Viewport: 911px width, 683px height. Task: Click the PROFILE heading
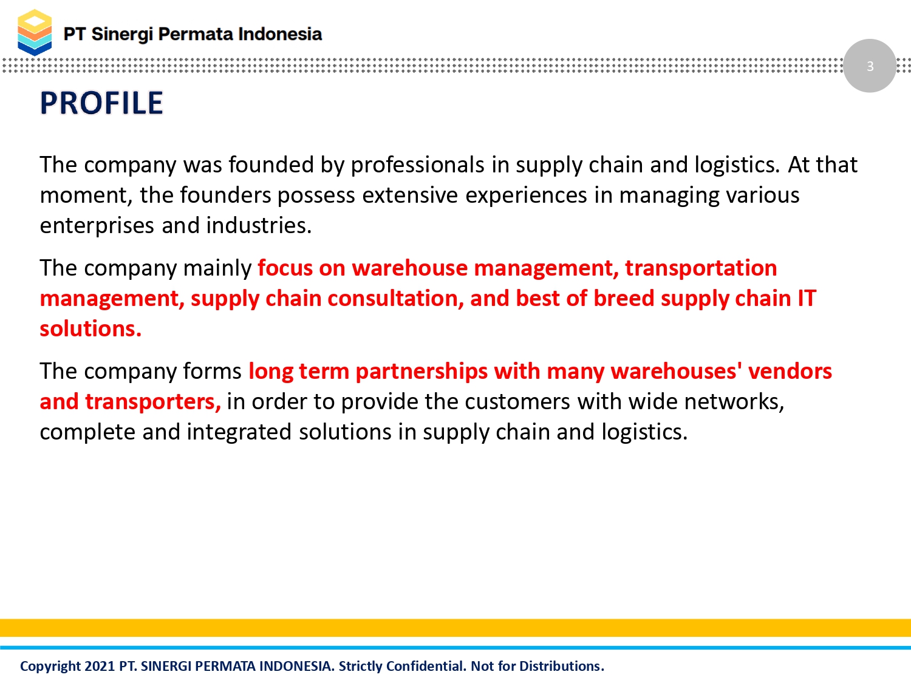click(x=101, y=103)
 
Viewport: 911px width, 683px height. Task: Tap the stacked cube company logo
click(x=35, y=32)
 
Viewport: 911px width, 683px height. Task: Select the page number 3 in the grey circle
click(x=870, y=66)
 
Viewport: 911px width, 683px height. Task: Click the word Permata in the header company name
click(x=195, y=34)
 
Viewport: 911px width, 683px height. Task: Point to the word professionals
click(x=417, y=165)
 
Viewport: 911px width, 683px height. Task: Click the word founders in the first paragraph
click(x=225, y=195)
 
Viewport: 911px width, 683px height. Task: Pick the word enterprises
click(x=97, y=226)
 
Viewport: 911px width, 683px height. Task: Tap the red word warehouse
click(x=409, y=268)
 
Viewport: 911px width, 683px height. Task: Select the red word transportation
click(x=701, y=268)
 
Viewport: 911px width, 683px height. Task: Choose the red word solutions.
click(x=90, y=329)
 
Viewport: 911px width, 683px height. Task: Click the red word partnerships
click(x=421, y=372)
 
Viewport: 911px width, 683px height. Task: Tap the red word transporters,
click(x=152, y=401)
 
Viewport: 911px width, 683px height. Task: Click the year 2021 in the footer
click(x=100, y=666)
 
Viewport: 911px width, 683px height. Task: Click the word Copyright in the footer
click(x=50, y=667)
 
